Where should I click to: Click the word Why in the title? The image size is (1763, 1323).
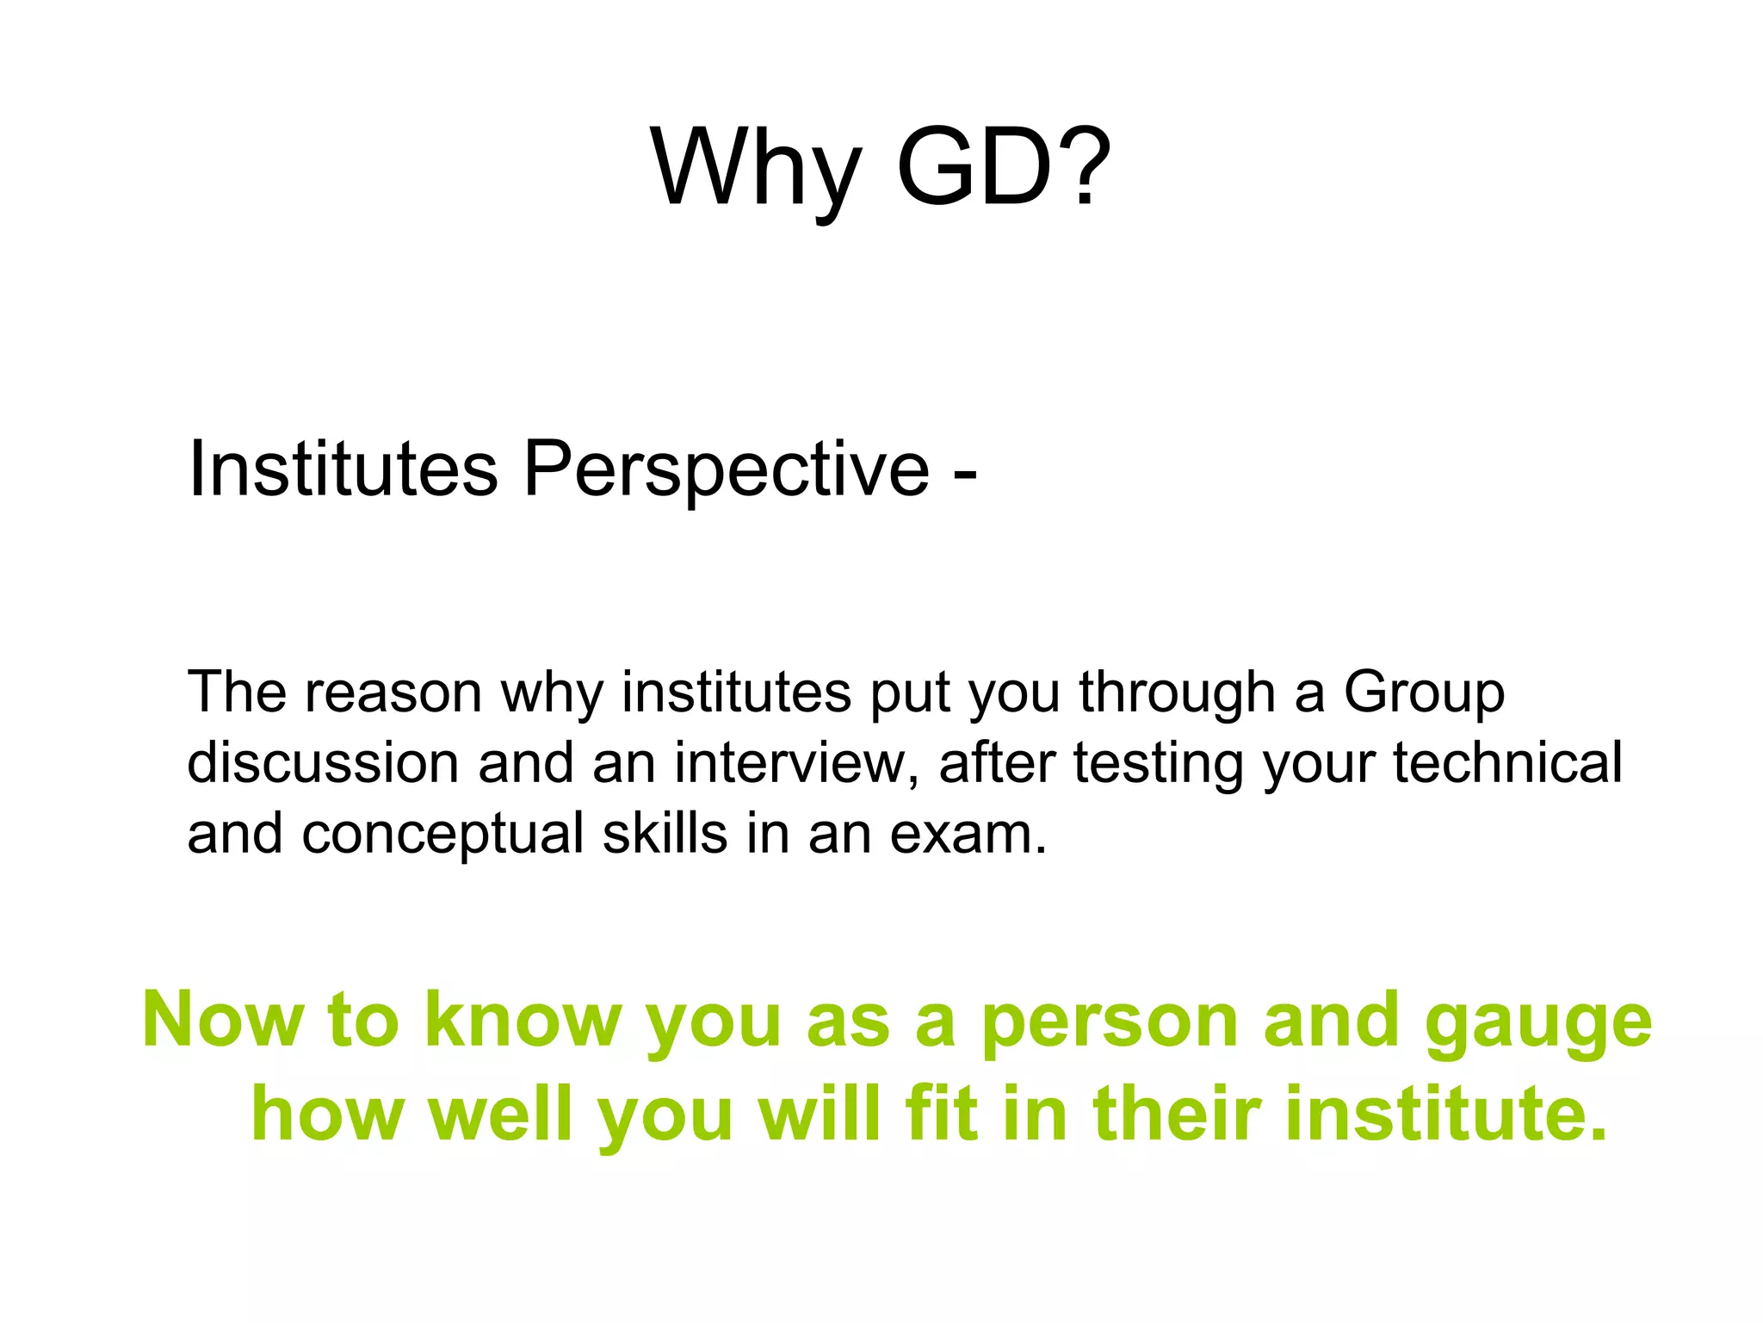coord(756,168)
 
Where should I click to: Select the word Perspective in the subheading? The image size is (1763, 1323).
coord(726,470)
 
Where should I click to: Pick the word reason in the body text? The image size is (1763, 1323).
coord(393,693)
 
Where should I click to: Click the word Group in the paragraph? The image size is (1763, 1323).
coord(1424,694)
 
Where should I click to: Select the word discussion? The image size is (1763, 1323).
coord(323,763)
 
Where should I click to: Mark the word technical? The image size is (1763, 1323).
coord(1507,763)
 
